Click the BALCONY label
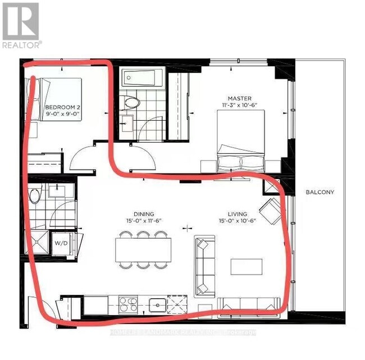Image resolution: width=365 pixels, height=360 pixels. pyautogui.click(x=320, y=192)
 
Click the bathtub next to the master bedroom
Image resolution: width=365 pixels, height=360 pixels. pyautogui.click(x=142, y=78)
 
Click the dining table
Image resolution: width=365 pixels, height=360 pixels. pyautogui.click(x=144, y=249)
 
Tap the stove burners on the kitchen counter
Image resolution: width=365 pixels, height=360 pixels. pyautogui.click(x=128, y=305)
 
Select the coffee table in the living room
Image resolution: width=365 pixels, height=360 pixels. pyautogui.click(x=246, y=266)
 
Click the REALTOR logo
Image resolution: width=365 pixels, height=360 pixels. pyautogui.click(x=21, y=25)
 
